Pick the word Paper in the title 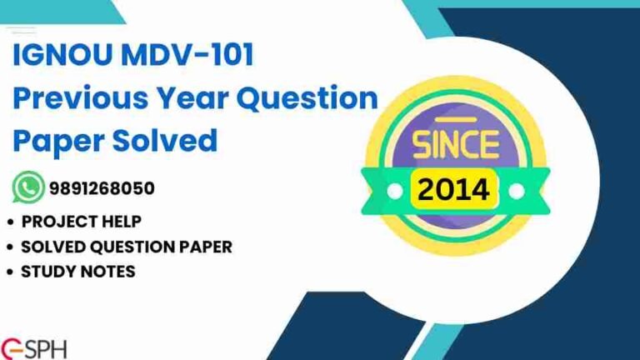coord(54,140)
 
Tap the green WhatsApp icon coord(27,188)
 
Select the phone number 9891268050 coord(101,188)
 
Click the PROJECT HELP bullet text coord(81,222)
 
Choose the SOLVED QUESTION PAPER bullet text coord(126,247)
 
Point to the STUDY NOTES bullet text coord(77,272)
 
